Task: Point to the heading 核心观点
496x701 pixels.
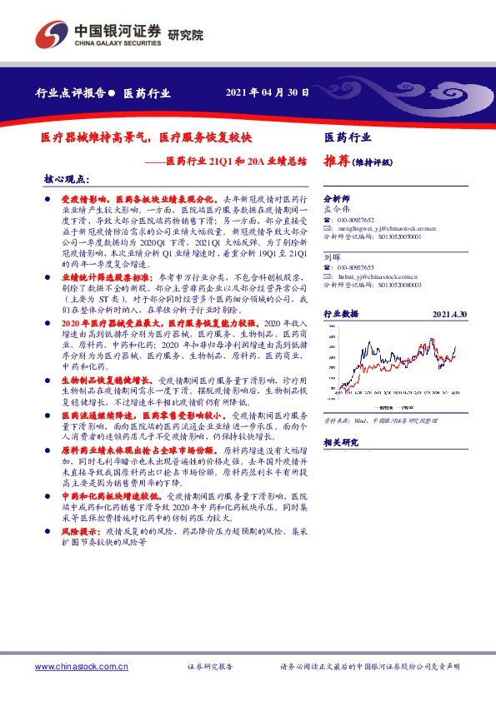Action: tap(66, 180)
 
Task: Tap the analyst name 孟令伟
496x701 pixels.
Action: tap(335, 210)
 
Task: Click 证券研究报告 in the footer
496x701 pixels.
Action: tap(209, 667)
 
